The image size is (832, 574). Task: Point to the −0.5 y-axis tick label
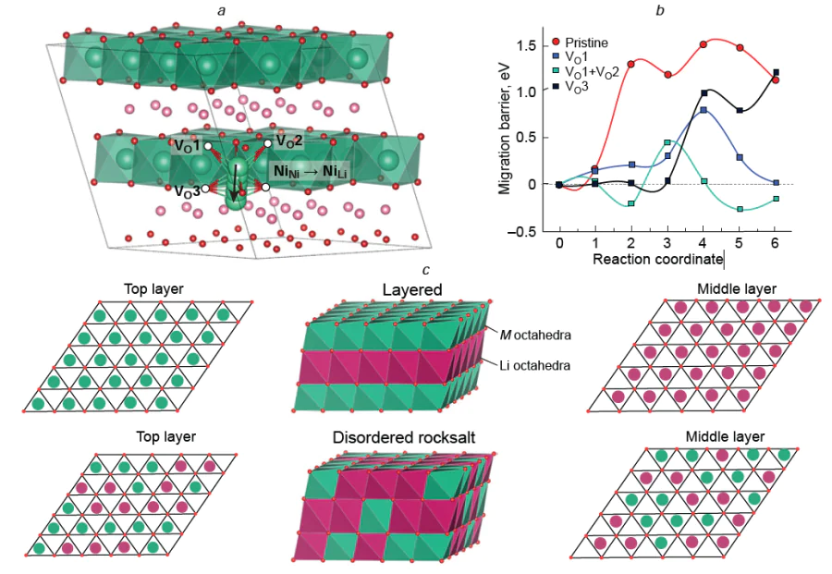point(521,232)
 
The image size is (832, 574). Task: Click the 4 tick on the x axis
point(704,243)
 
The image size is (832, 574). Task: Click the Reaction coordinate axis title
point(657,259)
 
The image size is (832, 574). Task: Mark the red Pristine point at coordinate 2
point(630,64)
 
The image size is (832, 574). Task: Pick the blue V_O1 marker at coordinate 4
point(704,110)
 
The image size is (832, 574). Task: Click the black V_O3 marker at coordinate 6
point(776,72)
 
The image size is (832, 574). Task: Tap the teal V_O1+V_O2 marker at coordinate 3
point(667,142)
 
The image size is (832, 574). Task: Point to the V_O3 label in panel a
point(188,191)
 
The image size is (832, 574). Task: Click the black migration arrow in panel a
point(235,178)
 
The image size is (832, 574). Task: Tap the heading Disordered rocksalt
point(404,437)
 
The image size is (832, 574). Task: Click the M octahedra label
point(535,335)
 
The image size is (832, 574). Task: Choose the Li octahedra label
point(535,365)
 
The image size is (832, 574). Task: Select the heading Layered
point(412,289)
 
